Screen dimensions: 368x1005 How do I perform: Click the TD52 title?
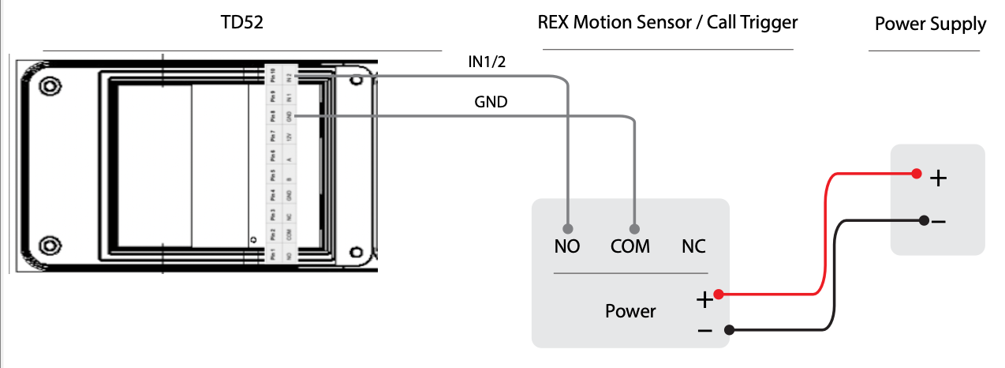click(x=241, y=24)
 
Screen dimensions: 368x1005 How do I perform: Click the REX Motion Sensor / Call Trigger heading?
click(x=667, y=22)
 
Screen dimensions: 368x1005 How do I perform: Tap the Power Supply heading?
click(x=930, y=24)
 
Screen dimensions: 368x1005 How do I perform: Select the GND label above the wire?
click(x=491, y=102)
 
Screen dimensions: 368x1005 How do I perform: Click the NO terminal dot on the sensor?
click(x=567, y=224)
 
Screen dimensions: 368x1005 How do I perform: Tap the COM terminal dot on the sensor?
click(x=634, y=224)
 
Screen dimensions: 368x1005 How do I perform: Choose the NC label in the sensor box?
click(x=693, y=246)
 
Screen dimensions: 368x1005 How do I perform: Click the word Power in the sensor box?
click(x=630, y=311)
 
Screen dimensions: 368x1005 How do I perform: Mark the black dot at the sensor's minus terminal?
click(x=730, y=329)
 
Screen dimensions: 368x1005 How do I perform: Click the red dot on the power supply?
click(x=916, y=174)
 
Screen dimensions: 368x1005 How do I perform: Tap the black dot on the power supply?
click(x=923, y=220)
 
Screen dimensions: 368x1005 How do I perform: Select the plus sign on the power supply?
click(x=938, y=178)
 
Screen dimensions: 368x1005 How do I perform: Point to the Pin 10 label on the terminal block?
click(x=272, y=77)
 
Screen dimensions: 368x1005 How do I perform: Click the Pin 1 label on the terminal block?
click(x=272, y=255)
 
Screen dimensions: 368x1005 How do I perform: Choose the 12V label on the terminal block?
click(x=290, y=137)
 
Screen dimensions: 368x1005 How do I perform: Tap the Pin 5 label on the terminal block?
click(x=272, y=175)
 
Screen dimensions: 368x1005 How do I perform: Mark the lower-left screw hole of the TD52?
click(x=50, y=244)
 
